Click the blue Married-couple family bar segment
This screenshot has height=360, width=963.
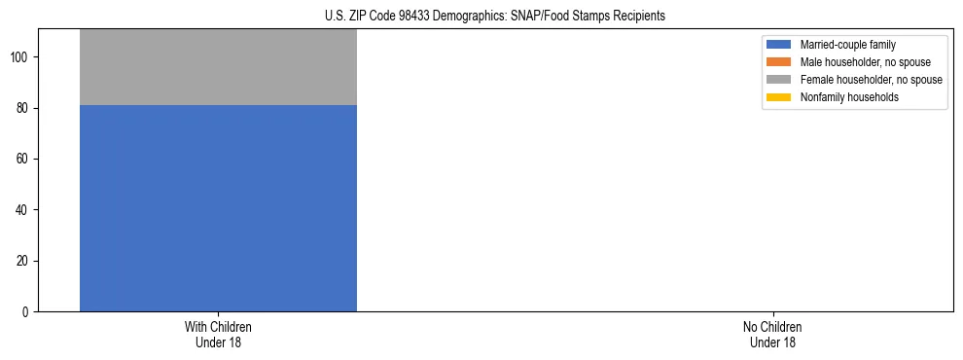coord(218,208)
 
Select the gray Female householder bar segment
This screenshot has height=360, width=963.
coord(218,67)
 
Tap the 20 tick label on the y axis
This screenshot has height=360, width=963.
coord(25,261)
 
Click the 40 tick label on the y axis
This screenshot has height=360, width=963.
coord(25,210)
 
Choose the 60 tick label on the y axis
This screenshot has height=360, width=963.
coord(25,160)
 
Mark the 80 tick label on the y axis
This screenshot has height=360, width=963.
coord(25,109)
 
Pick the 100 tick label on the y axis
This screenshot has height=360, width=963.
coord(22,57)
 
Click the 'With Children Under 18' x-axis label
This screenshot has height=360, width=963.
coord(218,334)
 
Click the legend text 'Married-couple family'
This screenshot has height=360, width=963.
coord(847,45)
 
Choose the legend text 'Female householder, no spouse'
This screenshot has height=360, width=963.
coord(871,80)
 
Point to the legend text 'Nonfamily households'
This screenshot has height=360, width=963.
coord(848,97)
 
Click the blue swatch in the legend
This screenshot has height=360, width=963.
coord(779,45)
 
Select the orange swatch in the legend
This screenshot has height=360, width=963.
coord(779,62)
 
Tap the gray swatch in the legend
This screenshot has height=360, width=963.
coord(779,80)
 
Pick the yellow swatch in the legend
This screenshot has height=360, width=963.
coord(779,97)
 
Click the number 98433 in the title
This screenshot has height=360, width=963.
coord(415,16)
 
